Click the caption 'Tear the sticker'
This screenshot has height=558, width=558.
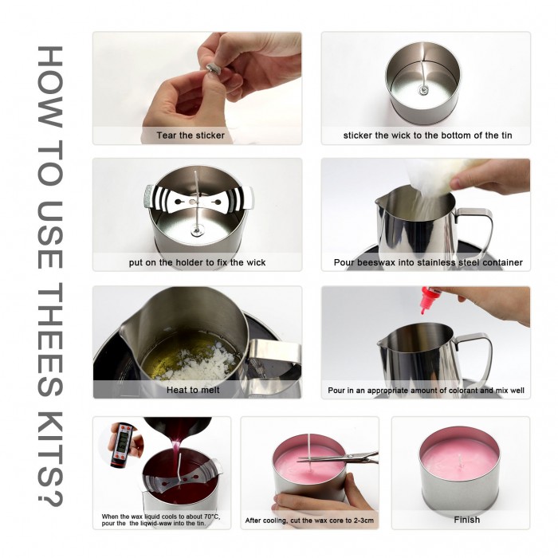click(x=191, y=136)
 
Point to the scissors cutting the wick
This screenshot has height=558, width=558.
click(x=341, y=458)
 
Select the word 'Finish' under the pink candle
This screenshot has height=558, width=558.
click(x=466, y=520)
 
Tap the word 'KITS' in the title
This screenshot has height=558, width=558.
click(x=50, y=441)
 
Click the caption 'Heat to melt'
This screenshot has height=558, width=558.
click(x=193, y=390)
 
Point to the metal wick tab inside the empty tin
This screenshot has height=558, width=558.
click(x=422, y=91)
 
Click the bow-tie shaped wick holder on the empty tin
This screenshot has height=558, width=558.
click(x=199, y=200)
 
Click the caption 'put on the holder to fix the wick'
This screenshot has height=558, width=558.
click(x=197, y=262)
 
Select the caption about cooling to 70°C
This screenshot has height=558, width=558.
click(x=161, y=520)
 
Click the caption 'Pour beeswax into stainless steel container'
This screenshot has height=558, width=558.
click(x=428, y=262)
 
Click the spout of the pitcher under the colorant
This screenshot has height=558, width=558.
click(x=383, y=344)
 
